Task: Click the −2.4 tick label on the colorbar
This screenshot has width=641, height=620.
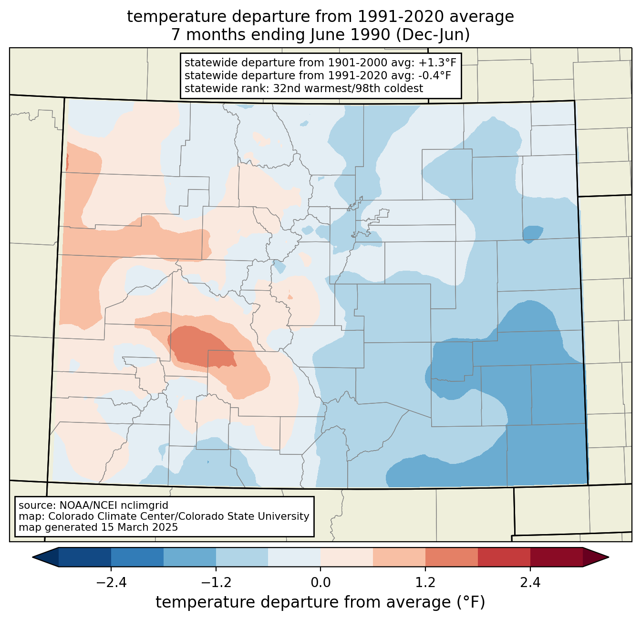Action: (x=111, y=583)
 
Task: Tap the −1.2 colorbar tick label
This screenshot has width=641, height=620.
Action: (x=216, y=583)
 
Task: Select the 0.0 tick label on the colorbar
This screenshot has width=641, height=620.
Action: (x=320, y=583)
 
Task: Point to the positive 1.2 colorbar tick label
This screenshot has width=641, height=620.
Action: (x=425, y=583)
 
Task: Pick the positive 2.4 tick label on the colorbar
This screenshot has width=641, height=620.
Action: (x=530, y=583)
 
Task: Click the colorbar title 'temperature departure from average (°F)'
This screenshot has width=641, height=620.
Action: (x=320, y=602)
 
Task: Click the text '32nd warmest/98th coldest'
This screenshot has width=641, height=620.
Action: (x=348, y=88)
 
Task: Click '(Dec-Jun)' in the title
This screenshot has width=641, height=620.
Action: (x=433, y=35)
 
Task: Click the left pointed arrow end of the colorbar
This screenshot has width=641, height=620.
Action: (x=32, y=557)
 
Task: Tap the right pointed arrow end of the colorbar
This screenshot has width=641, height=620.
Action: (x=609, y=557)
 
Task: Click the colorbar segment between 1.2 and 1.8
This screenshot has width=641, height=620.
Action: (x=451, y=557)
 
